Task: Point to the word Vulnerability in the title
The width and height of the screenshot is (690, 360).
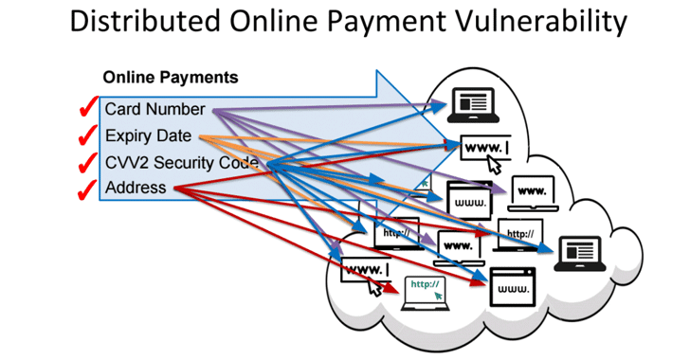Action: [x=547, y=22]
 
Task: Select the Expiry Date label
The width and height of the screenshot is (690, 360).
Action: [x=148, y=135]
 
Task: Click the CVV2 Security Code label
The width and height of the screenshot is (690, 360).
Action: [x=182, y=162]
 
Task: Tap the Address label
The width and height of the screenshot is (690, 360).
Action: [x=136, y=188]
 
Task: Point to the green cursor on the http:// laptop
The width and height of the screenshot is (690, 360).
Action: [x=438, y=297]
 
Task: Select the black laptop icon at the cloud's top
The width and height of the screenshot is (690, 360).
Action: [x=471, y=101]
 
